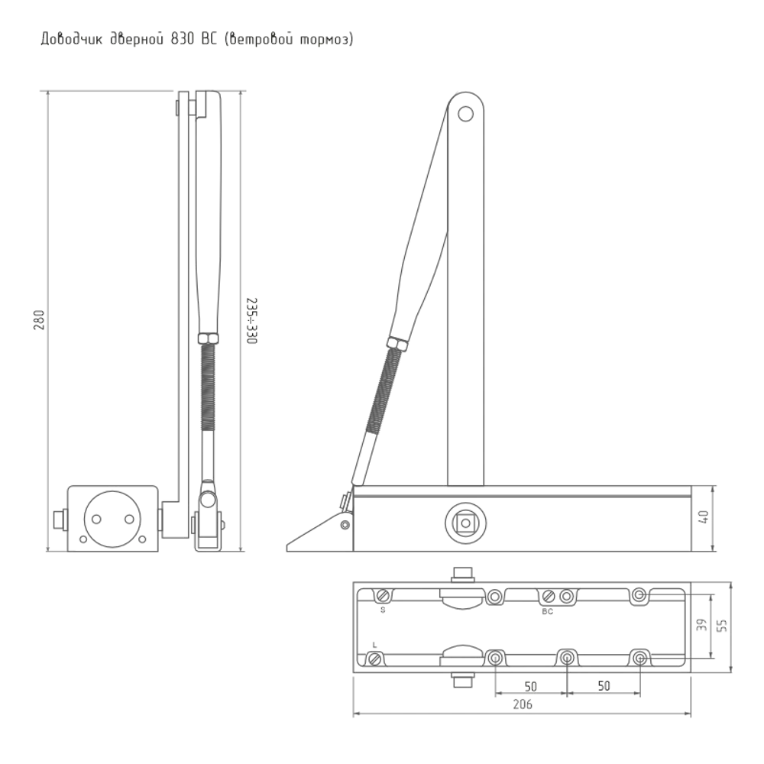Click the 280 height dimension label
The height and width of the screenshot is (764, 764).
(40, 320)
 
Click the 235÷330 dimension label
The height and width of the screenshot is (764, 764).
(251, 321)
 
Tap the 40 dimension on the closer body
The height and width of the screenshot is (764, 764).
(704, 518)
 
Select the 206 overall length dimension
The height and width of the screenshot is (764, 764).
(523, 704)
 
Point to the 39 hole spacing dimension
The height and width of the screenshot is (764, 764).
(701, 625)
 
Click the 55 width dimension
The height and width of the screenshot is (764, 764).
(723, 625)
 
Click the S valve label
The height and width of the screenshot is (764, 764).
(383, 610)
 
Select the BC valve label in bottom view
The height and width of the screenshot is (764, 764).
(548, 611)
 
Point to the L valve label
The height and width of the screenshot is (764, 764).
(374, 645)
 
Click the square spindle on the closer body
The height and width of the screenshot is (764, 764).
(465, 523)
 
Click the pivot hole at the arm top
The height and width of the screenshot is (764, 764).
(466, 114)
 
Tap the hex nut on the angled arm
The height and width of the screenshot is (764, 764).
(398, 344)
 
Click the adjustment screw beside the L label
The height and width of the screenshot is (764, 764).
(374, 659)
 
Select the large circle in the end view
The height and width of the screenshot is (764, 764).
(112, 519)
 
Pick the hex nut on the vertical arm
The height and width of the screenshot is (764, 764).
(209, 338)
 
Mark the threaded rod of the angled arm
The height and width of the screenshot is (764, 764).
(385, 390)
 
